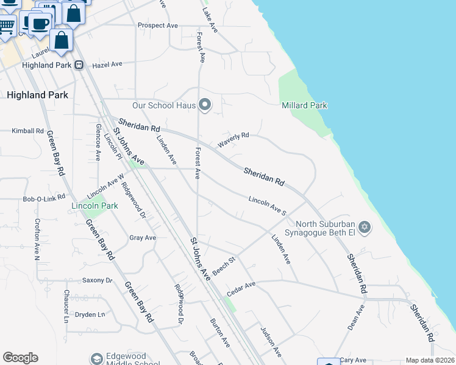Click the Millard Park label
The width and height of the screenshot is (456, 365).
(x=304, y=105)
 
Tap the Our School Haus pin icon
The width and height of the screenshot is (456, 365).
(x=205, y=106)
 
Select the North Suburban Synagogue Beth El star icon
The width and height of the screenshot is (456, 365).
(x=365, y=228)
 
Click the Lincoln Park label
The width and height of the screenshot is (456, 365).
(x=94, y=206)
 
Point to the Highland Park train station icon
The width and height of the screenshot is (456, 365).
(x=79, y=65)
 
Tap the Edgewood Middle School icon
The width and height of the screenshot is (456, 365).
(x=96, y=358)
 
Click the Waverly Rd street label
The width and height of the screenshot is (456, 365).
(x=234, y=140)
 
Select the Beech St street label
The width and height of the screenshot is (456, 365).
(x=224, y=266)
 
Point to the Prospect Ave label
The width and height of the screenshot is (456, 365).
(x=157, y=26)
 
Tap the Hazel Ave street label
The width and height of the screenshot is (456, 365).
(x=107, y=64)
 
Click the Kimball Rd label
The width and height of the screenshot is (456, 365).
(x=28, y=131)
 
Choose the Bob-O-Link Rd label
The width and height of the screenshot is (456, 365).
(x=43, y=199)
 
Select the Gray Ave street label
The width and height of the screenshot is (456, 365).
(x=143, y=238)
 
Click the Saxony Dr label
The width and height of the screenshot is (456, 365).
(x=98, y=280)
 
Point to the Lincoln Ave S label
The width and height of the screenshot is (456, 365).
(x=267, y=205)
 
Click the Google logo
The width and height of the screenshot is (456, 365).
(x=20, y=358)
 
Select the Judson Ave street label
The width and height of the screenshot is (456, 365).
(x=271, y=342)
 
